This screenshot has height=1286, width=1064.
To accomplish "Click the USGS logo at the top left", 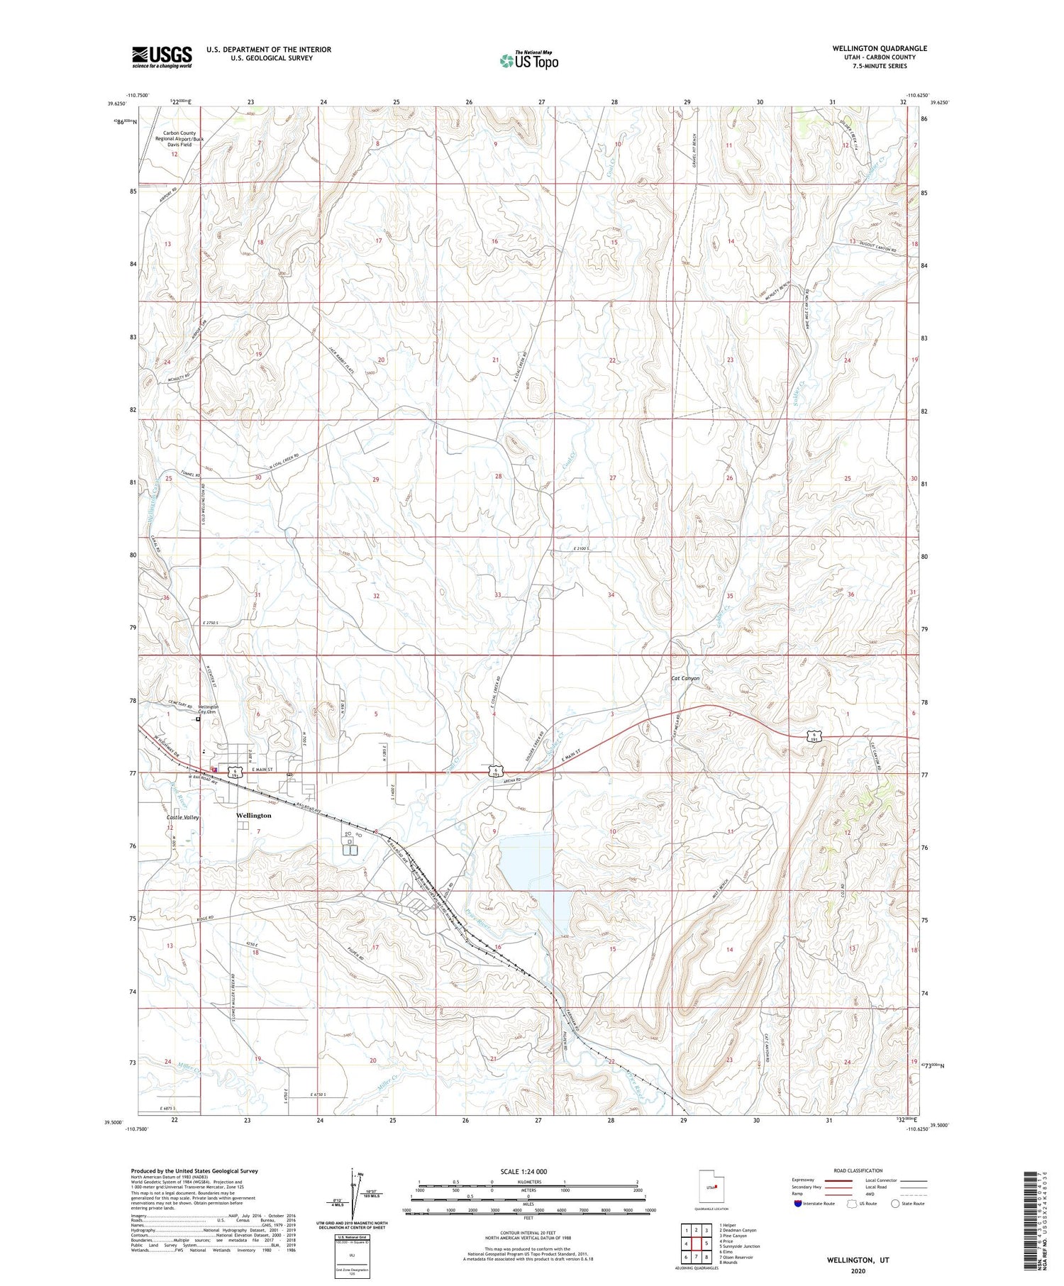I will (162, 57).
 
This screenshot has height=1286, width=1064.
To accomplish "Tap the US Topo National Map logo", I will (529, 60).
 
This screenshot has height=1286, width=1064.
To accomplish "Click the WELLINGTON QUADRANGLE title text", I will (880, 48).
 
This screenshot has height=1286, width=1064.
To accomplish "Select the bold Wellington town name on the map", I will (253, 816).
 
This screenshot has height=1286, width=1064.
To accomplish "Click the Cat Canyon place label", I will (685, 678).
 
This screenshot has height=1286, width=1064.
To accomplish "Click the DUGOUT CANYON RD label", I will (879, 250).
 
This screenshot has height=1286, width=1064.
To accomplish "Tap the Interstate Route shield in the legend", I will (798, 1204).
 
